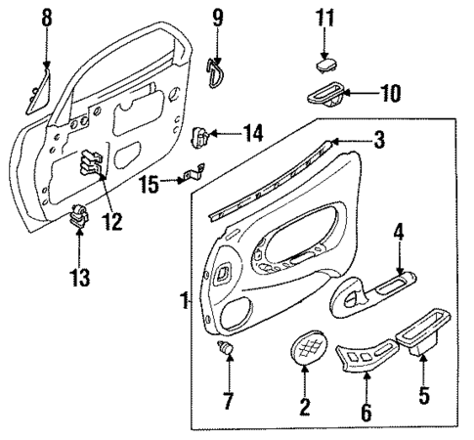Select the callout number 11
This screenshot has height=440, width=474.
tap(325, 18)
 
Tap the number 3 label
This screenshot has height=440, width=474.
tap(379, 140)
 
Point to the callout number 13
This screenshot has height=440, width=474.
tap(79, 278)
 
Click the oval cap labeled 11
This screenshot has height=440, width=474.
tap(325, 62)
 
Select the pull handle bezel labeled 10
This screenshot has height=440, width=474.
tap(321, 96)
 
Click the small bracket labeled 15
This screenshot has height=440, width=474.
tap(191, 177)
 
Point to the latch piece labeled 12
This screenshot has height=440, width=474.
tap(95, 162)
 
